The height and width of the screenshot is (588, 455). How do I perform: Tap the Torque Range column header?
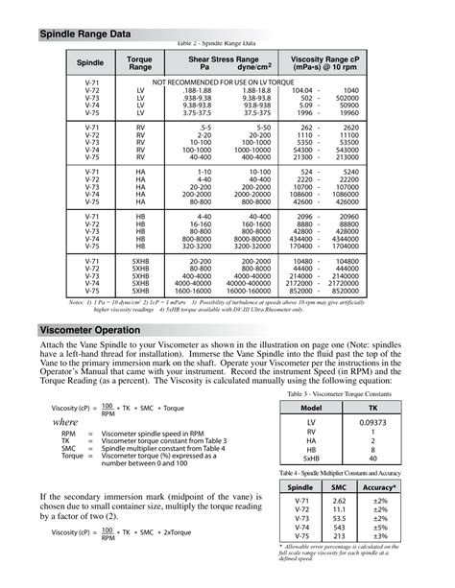(x=140, y=63)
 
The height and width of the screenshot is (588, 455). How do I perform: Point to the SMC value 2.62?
(x=339, y=501)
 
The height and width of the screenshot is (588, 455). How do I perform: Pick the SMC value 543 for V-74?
(x=339, y=527)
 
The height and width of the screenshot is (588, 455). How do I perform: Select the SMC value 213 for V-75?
(x=339, y=535)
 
